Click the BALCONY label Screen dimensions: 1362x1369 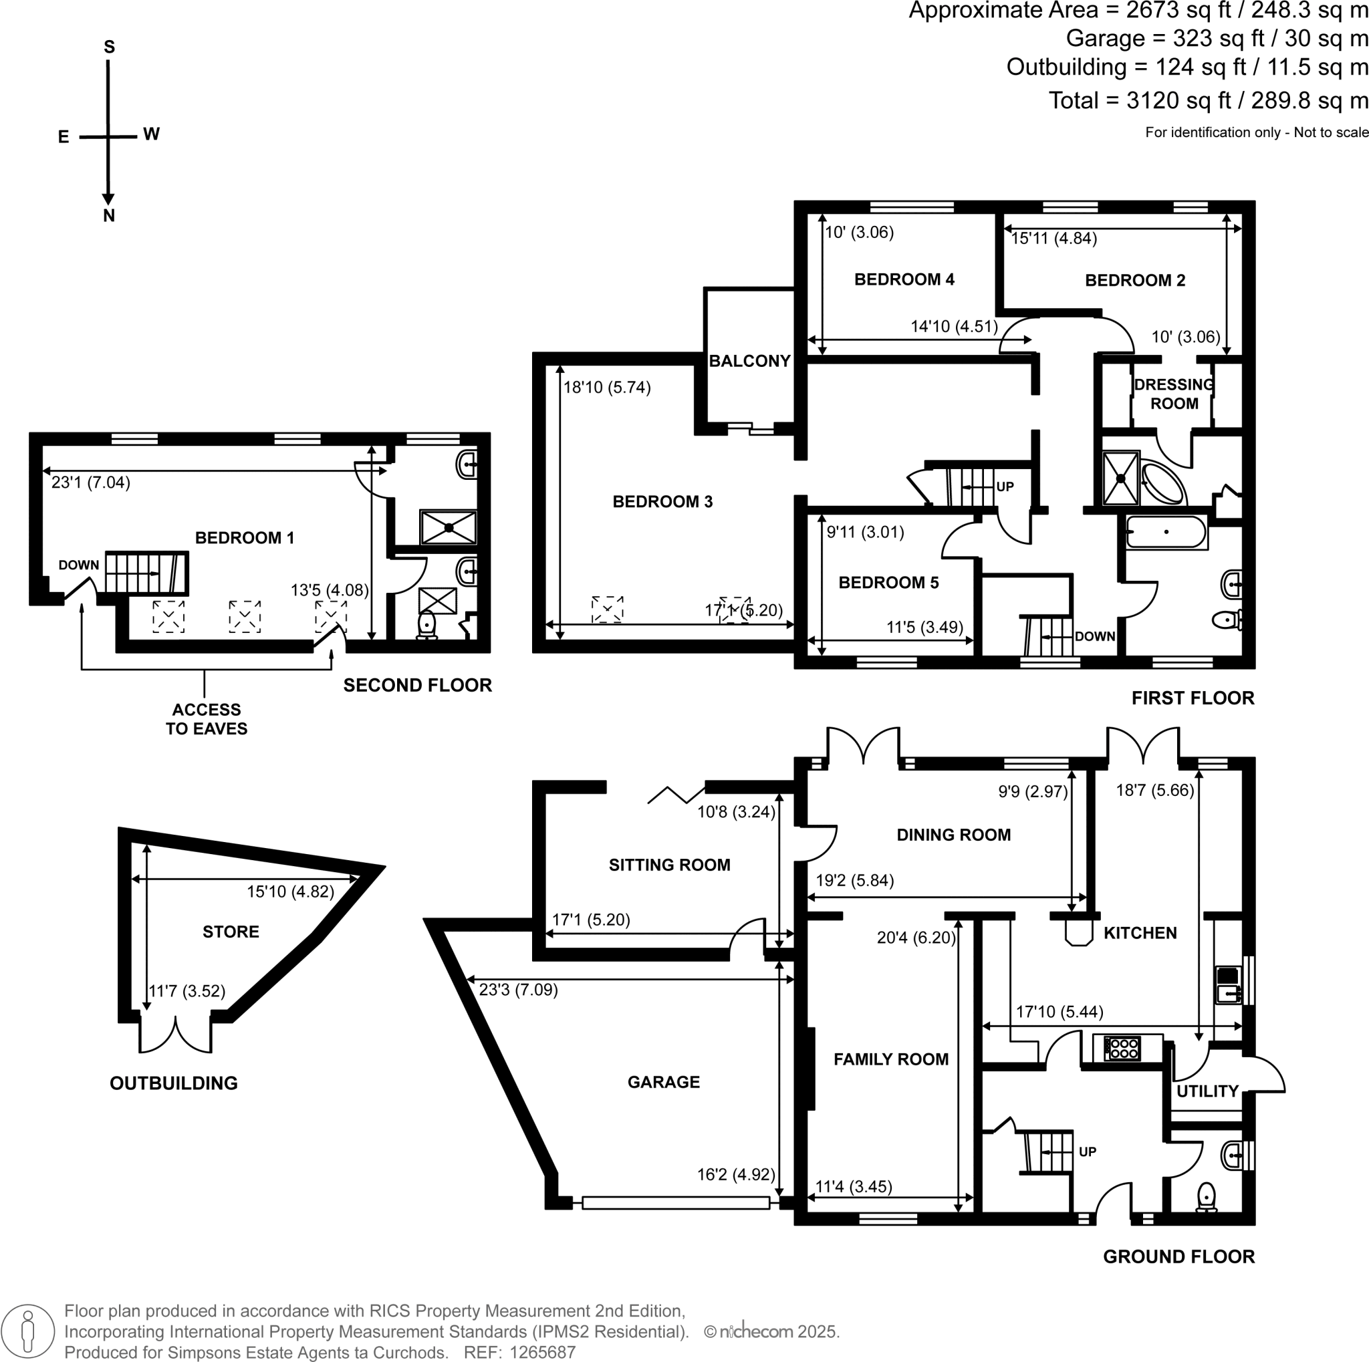[x=749, y=361]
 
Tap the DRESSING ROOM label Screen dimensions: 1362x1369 [x=1173, y=394]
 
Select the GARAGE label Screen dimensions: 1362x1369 [x=663, y=1081]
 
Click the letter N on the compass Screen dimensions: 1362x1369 [x=108, y=216]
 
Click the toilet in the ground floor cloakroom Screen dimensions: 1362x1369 [x=1206, y=1197]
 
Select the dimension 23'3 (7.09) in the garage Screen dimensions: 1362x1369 [x=518, y=990]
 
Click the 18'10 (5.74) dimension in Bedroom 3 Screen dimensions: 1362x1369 [x=606, y=388]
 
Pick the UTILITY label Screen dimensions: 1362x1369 [x=1207, y=1091]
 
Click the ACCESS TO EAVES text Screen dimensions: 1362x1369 [x=206, y=719]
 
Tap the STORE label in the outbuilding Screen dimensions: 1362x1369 [x=231, y=932]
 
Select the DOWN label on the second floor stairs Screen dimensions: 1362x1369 [x=79, y=565]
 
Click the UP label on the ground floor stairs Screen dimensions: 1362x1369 [x=1087, y=1151]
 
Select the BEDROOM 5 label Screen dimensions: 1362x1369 [x=888, y=583]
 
